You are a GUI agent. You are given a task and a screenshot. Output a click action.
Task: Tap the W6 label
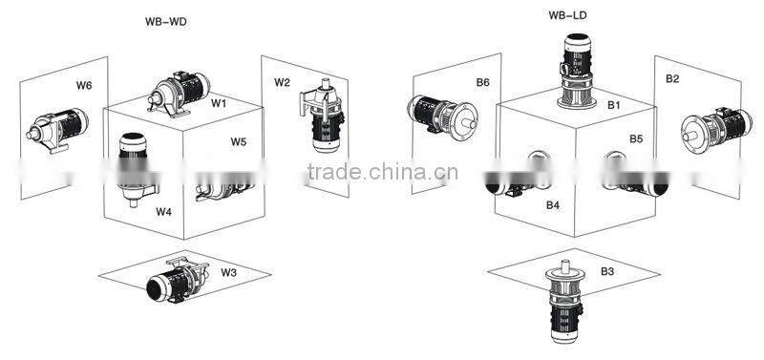pos(84,86)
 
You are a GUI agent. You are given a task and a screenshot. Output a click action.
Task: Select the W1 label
pos(219,102)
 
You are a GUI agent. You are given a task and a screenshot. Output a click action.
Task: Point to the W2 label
pos(282,83)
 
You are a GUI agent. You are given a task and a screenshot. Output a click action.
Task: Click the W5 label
pos(239,142)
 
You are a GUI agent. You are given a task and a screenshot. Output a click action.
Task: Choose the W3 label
pos(228,272)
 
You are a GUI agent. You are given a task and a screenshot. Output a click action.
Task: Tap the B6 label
pos(482,83)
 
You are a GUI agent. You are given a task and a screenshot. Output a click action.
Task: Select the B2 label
pos(672,77)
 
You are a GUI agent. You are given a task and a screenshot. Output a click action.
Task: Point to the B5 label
pos(636,139)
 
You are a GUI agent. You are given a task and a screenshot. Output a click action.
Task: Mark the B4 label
pos(552,205)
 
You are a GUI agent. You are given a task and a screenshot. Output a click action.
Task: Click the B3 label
pos(607,272)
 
